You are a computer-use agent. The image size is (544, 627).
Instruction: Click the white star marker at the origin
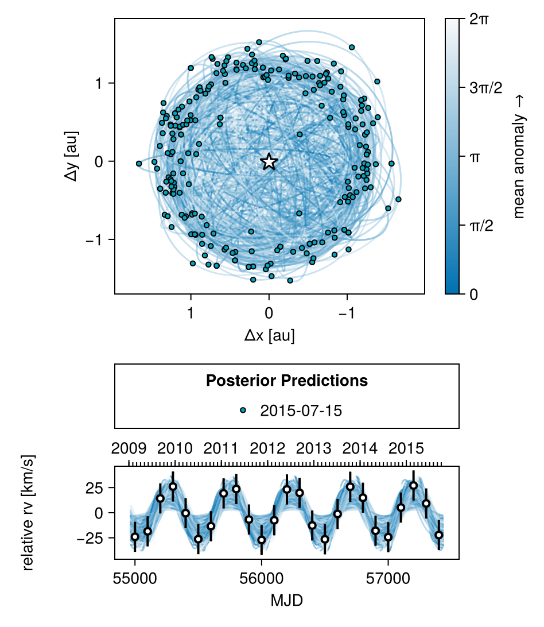pyautogui.click(x=269, y=162)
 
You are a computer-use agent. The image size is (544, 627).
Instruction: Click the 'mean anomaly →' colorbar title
pyautogui.click(x=519, y=157)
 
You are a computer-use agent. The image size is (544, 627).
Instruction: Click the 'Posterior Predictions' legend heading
pyautogui.click(x=286, y=380)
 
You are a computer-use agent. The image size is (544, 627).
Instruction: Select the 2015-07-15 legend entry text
pyautogui.click(x=301, y=410)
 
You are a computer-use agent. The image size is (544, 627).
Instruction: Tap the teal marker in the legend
pyautogui.click(x=243, y=410)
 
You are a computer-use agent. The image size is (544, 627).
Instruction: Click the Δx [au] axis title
pyautogui.click(x=269, y=335)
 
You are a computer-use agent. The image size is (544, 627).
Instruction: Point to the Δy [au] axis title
pyautogui.click(x=72, y=157)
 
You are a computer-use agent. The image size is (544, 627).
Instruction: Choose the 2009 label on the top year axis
pyautogui.click(x=129, y=448)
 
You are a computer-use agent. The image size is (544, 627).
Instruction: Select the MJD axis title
pyautogui.click(x=286, y=601)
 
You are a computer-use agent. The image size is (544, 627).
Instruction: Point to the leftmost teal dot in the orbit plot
pyautogui.click(x=139, y=164)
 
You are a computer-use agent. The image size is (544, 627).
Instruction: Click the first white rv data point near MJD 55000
pyautogui.click(x=135, y=537)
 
